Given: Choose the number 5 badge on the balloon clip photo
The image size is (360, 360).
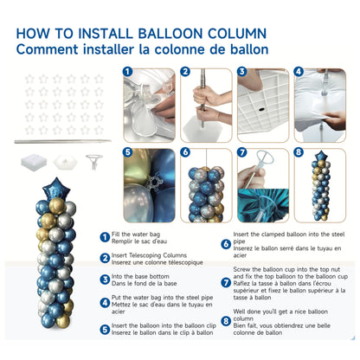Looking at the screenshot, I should [x=128, y=153].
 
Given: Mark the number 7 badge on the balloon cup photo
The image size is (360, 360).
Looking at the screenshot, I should [x=242, y=153].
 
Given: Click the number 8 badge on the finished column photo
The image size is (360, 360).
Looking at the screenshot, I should [x=299, y=153].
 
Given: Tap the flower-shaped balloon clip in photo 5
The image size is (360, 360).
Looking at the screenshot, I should [x=157, y=184].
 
